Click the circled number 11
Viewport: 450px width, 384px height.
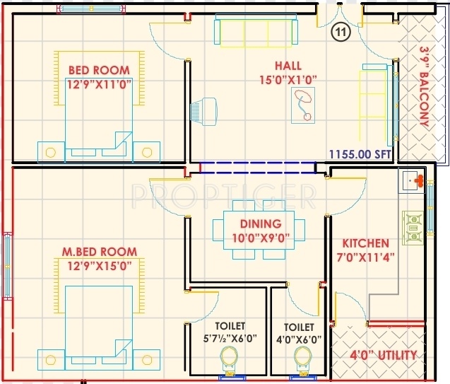[342, 31]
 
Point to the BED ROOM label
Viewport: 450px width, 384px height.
[99, 70]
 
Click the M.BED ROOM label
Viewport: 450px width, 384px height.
[99, 252]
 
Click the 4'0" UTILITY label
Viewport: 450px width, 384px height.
[384, 355]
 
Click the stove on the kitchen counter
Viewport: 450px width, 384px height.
[412, 225]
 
